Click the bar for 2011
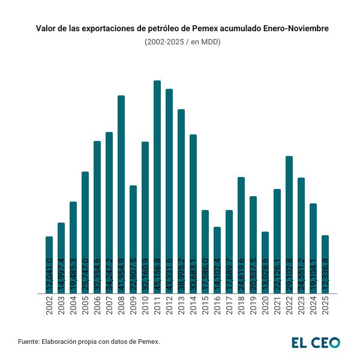(157, 180)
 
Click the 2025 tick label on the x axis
(325, 307)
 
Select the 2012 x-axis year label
(169, 307)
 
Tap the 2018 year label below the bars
(241, 307)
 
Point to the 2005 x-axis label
(85, 307)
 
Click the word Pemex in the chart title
(204, 28)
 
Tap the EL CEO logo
(316, 343)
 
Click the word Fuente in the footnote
(28, 341)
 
